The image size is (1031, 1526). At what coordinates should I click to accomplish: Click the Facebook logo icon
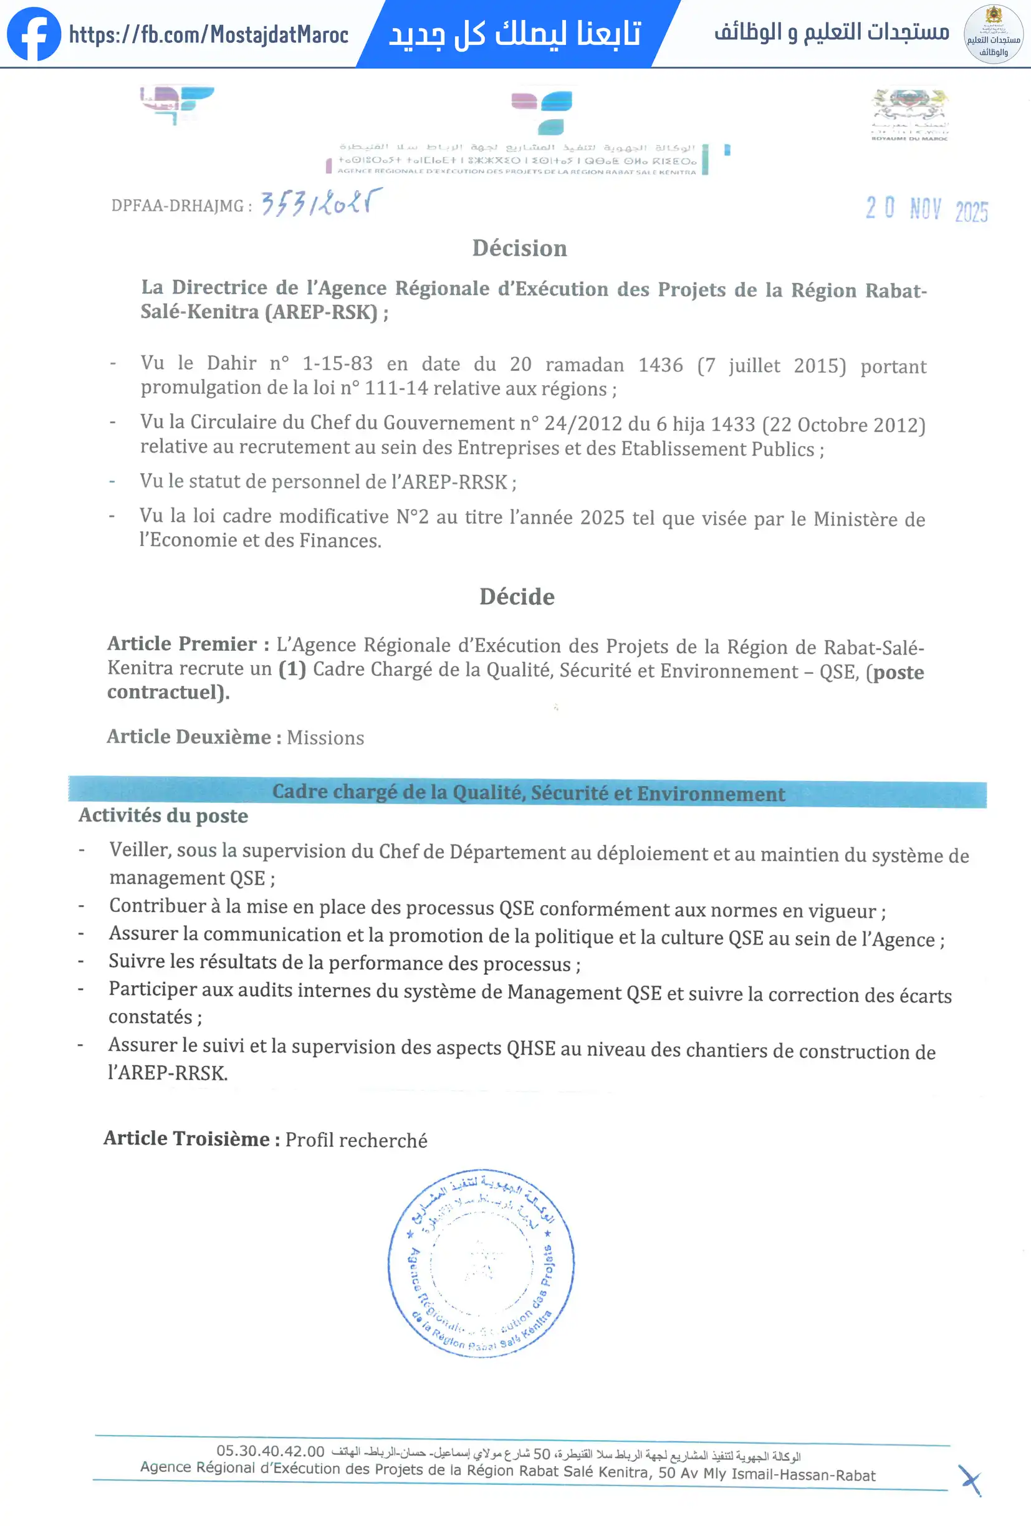coord(34,34)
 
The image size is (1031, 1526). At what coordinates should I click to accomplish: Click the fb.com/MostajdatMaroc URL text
coord(208,34)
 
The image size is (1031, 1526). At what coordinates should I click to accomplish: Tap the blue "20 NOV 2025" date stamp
coord(926,209)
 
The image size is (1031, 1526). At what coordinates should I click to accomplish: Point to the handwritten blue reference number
coord(321,203)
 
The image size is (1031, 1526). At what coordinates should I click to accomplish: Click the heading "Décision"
coord(519,248)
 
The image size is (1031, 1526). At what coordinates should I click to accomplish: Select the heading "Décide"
coord(517,596)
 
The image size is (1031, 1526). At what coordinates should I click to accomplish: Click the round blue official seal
coord(481,1263)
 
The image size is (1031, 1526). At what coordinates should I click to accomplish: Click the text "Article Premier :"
coord(188,643)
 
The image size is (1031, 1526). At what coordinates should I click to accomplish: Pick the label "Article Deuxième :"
coord(194,737)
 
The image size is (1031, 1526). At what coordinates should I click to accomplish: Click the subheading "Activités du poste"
coord(163,815)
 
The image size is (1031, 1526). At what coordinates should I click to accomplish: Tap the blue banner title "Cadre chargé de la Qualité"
coord(529,792)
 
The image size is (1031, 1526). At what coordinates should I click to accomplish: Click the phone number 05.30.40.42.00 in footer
coord(271,1451)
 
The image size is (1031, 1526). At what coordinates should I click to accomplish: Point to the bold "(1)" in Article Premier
coord(292,669)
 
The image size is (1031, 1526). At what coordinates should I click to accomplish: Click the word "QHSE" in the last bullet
coord(530,1048)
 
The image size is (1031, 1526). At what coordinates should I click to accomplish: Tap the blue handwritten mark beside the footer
coord(969,1480)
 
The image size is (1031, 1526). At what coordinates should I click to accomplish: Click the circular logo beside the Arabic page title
coord(993,34)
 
